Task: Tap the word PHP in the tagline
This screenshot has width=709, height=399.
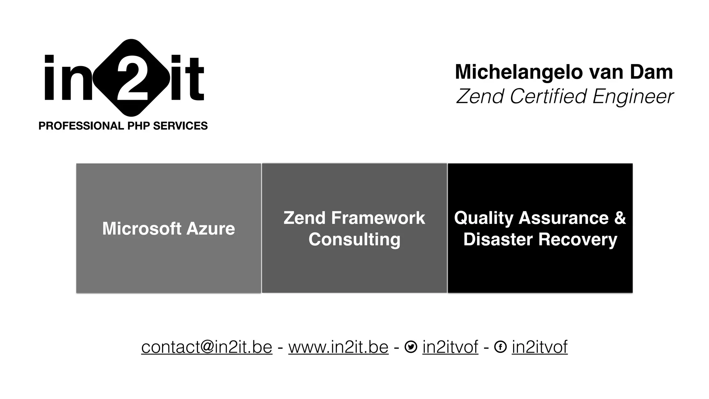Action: tap(138, 126)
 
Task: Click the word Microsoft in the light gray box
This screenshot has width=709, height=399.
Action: tap(142, 229)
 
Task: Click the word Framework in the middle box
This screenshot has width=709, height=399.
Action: tap(378, 218)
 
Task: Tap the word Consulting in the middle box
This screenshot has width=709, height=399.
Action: tap(354, 239)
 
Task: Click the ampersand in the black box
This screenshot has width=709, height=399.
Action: tap(620, 218)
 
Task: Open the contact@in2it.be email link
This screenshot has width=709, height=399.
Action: tap(207, 347)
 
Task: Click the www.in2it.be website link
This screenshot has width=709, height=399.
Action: tap(338, 347)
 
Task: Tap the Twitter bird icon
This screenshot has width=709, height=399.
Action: tap(411, 347)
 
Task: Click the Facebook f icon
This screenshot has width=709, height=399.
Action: tap(500, 347)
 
